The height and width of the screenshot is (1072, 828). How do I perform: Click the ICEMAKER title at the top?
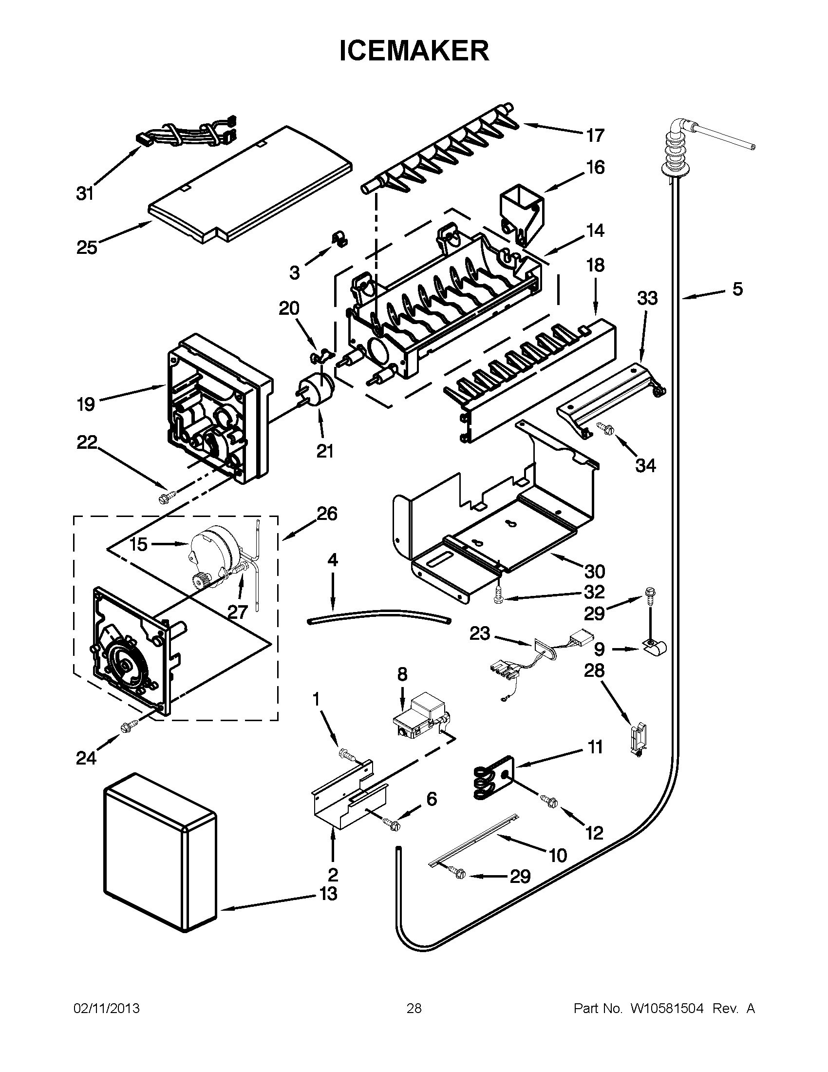point(414,51)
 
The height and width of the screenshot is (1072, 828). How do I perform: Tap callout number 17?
point(595,135)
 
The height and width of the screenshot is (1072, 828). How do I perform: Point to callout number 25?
point(86,248)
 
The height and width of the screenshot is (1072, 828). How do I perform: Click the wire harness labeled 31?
point(187,134)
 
